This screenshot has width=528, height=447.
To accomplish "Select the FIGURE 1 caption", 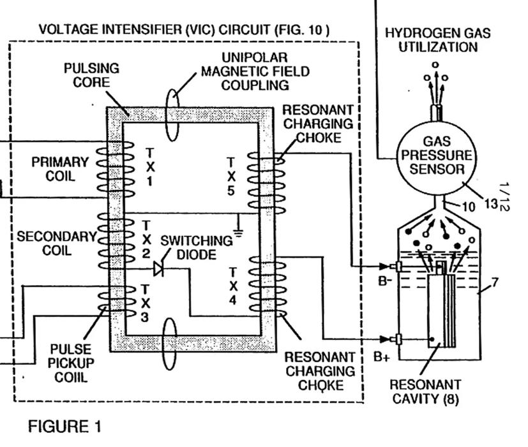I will pos(64,427).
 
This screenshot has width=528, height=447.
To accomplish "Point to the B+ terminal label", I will pos(382,357).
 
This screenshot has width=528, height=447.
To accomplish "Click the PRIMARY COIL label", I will pos(61,169).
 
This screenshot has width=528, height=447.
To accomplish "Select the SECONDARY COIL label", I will pos(56,244).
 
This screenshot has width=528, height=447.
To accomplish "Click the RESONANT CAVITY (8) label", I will pos(425,392).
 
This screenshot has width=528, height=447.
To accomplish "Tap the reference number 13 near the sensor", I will pos(490,203).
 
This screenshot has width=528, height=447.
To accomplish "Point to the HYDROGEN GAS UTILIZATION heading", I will pos(437,40).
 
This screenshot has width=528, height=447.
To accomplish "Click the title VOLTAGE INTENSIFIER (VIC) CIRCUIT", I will pos(185,29).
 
